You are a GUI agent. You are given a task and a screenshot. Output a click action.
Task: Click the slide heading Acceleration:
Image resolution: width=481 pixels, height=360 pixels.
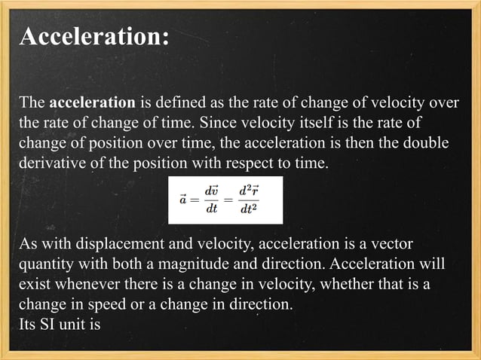94,36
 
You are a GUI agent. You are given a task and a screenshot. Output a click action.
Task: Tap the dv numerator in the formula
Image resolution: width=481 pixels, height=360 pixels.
213,192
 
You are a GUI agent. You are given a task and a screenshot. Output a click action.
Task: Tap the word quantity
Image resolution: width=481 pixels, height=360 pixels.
47,266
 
